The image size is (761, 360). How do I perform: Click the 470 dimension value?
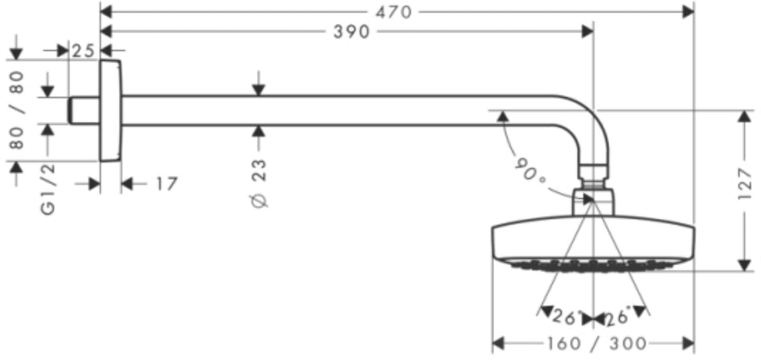[x=394, y=13]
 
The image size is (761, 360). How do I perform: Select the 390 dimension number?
[x=351, y=32]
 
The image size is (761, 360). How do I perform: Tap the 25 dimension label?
[x=83, y=51]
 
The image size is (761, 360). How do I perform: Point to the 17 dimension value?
[x=167, y=184]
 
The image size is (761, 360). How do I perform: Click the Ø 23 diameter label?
[x=259, y=183]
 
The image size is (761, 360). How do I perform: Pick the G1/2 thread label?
[x=48, y=189]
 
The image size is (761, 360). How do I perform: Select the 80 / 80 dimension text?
[x=17, y=110]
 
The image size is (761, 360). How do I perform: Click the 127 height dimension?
[x=745, y=184]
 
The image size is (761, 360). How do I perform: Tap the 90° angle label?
[x=530, y=172]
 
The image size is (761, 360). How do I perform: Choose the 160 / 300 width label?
[x=597, y=344]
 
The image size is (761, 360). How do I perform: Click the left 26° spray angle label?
[x=564, y=317]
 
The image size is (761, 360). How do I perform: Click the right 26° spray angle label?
[x=617, y=316]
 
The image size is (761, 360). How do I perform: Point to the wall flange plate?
[x=110, y=110]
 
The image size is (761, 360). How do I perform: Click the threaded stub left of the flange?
[x=84, y=110]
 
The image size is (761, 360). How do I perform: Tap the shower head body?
[x=593, y=243]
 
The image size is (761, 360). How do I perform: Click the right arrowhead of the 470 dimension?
[x=688, y=13]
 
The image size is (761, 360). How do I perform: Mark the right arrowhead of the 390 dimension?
[x=587, y=31]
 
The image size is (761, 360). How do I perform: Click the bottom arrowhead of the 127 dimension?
[x=744, y=265]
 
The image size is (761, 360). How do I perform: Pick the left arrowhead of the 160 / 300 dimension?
[x=498, y=343]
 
